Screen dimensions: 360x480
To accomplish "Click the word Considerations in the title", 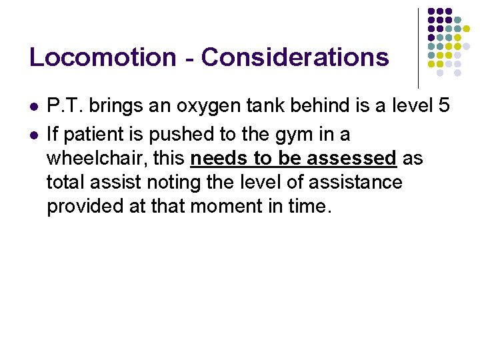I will pyautogui.click(x=295, y=57).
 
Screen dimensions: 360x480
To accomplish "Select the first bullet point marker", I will pyautogui.click(x=33, y=107).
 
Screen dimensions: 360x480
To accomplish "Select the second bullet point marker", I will pyautogui.click(x=33, y=135).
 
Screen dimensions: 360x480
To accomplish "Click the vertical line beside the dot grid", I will pyautogui.click(x=418, y=47).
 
